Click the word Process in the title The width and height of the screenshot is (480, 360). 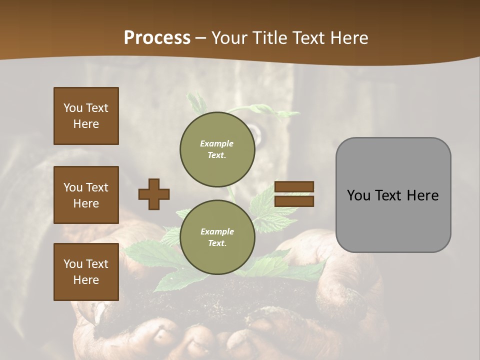point(157,38)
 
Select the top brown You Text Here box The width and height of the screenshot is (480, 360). point(86,116)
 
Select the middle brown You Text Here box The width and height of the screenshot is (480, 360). point(86,195)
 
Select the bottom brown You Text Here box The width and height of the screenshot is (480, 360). point(86,272)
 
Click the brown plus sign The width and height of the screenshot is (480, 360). point(154,194)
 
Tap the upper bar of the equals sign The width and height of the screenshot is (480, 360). point(294,186)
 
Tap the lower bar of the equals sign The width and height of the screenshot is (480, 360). point(294,201)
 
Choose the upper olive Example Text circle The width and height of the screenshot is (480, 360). point(217,149)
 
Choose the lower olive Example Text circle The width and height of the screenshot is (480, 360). point(217,237)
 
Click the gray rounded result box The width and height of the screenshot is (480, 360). point(393,195)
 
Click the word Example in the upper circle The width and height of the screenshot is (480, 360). point(217,143)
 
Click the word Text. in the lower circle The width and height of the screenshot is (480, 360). point(217,243)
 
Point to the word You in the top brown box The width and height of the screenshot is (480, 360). point(72,108)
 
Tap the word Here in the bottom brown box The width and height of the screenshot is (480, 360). point(86,280)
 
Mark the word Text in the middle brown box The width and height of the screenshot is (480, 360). point(96,187)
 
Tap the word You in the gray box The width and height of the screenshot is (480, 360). point(358,195)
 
